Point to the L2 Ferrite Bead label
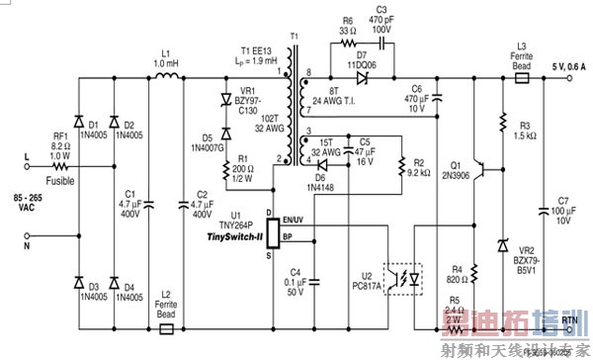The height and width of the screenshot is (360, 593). (x=168, y=301)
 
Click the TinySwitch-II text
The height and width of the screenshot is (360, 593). (x=233, y=237)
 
